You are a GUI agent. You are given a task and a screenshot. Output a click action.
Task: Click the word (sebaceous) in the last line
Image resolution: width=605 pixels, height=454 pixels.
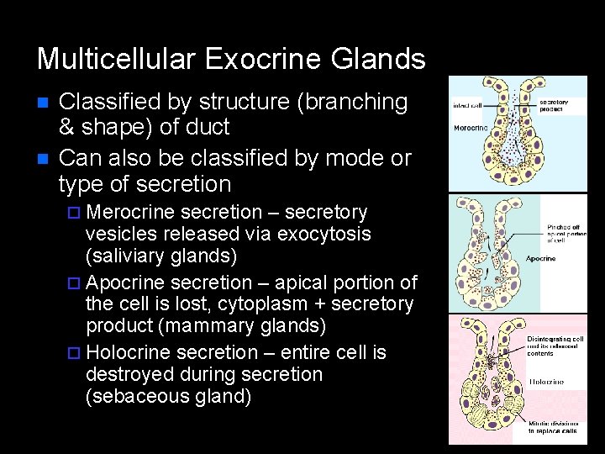(138, 395)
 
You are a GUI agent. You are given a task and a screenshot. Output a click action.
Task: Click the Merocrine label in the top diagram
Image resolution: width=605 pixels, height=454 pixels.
(471, 129)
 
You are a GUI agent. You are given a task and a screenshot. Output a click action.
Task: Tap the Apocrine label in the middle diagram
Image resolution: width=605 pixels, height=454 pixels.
(541, 259)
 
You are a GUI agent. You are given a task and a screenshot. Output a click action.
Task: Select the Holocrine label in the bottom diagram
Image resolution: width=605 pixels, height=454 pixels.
(546, 382)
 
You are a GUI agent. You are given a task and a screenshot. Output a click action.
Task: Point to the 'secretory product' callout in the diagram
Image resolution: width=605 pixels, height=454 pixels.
(554, 105)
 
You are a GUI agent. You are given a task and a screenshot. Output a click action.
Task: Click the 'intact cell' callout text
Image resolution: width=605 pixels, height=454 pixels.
(467, 106)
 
